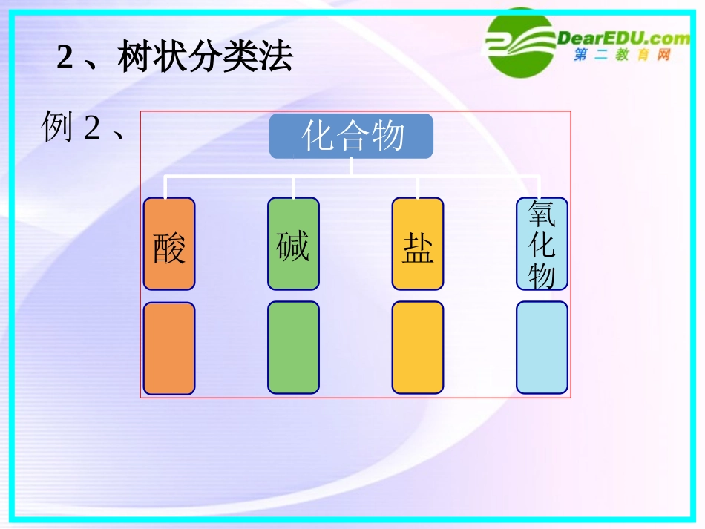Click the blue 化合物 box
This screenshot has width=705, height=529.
coord(351,136)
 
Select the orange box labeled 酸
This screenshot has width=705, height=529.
coord(169,243)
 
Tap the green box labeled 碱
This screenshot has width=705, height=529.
coord(293,243)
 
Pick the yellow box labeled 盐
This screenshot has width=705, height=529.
coord(418,243)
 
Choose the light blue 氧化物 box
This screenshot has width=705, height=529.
coord(542,243)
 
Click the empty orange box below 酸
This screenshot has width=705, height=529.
coord(169,348)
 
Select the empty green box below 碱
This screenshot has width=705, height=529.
coord(293,348)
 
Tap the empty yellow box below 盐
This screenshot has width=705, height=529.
coord(418,348)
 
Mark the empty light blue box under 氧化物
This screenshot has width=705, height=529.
coord(542,348)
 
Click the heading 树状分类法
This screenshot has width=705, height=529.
coord(205,58)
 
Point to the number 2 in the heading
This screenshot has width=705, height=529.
coord(65,59)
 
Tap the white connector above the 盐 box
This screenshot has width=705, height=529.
coord(417,188)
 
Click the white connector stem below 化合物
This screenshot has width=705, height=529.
coord(351,167)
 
